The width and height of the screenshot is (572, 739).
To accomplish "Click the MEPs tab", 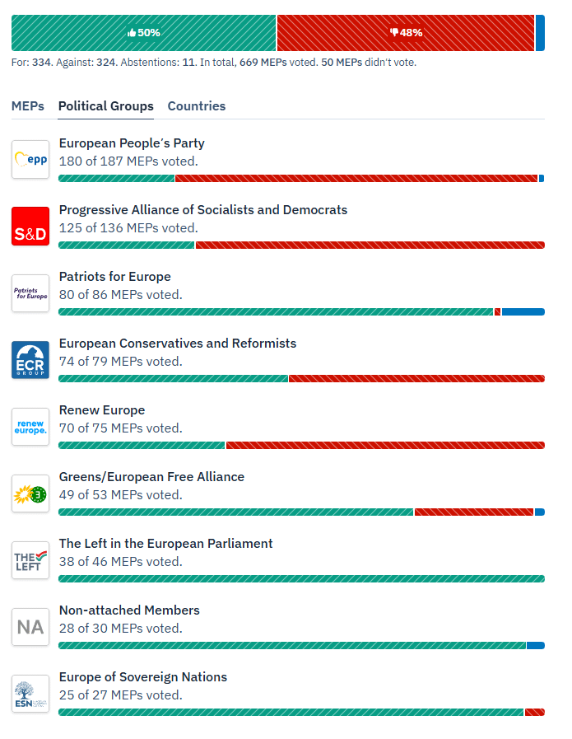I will click(28, 106).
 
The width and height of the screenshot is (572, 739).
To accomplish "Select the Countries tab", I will click(196, 106).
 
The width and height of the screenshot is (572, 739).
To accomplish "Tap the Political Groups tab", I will click(105, 106).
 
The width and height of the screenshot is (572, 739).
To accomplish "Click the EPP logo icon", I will click(30, 160).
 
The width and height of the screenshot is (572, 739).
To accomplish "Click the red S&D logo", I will click(30, 227).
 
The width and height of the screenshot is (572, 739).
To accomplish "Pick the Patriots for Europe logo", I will click(30, 293).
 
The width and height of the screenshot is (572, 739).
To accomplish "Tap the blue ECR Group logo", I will click(30, 360).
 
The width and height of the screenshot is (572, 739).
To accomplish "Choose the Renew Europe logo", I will click(30, 427).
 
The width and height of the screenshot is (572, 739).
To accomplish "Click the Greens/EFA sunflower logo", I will click(30, 493).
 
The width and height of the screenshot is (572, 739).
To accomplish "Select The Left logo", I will click(30, 560).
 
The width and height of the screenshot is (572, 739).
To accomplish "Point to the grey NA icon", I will click(30, 627).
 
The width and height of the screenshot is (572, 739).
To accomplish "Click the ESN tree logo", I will click(30, 694).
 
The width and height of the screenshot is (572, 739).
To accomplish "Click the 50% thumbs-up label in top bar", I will click(144, 33).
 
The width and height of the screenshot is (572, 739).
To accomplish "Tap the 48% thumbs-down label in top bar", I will click(406, 33).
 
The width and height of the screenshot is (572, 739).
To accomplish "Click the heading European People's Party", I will click(132, 143).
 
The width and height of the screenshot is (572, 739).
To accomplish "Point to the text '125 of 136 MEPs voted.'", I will click(128, 228).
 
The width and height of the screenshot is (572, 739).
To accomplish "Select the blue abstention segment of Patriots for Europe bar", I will click(523, 312).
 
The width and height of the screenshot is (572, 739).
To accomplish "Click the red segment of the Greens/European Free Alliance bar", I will click(473, 512).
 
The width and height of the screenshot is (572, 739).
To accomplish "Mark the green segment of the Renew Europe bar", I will click(142, 446).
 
